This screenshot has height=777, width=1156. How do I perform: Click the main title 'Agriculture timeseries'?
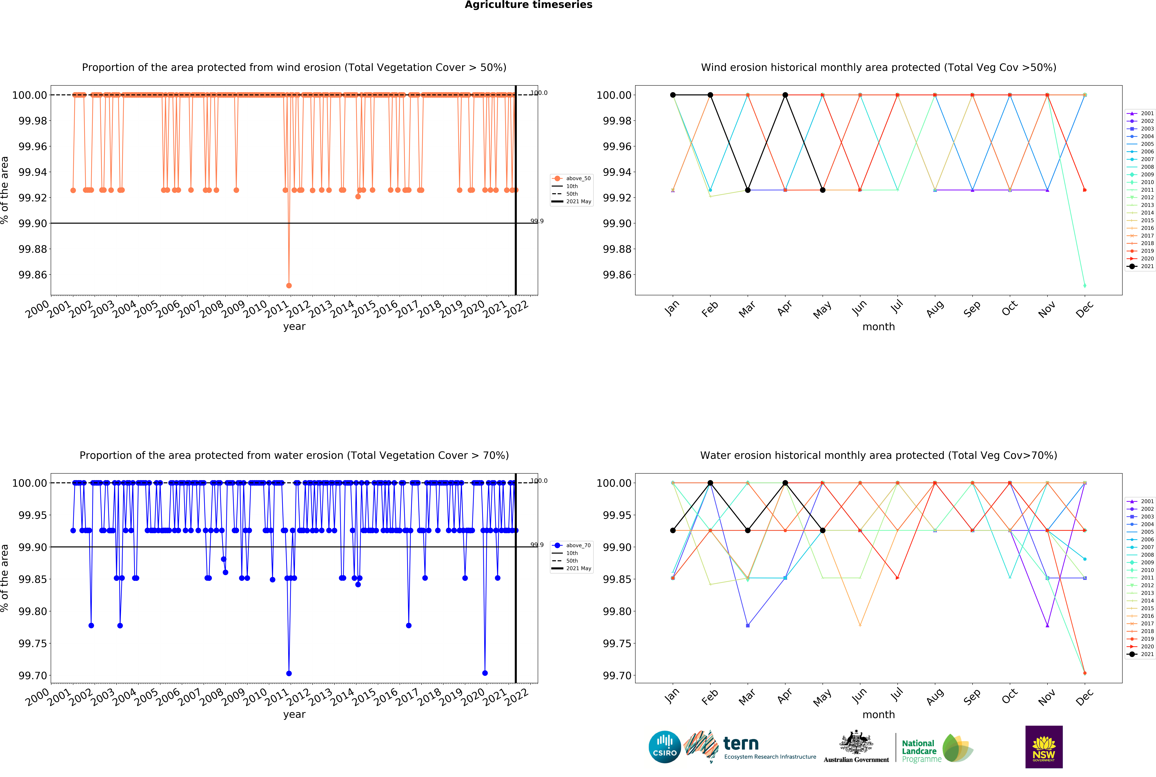coord(528,5)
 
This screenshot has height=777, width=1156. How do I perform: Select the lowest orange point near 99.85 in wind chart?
coord(289,285)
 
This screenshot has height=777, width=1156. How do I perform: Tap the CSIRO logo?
coord(664,747)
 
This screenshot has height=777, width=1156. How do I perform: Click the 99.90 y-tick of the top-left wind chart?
coord(33,224)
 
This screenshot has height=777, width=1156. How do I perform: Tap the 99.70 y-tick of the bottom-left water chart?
coord(33,675)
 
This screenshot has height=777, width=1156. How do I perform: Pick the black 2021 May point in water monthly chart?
coord(823,530)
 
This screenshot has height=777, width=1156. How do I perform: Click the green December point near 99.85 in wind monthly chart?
coord(1085,285)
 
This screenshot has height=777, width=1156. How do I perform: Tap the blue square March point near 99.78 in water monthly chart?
coord(748,625)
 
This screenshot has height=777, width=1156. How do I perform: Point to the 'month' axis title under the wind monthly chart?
coord(878,327)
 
